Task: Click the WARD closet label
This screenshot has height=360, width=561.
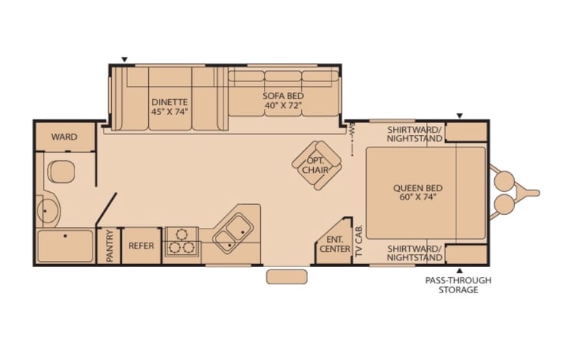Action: pos(64,137)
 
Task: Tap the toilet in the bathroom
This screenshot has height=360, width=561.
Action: pos(61,171)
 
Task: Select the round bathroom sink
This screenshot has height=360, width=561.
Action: pos(48,212)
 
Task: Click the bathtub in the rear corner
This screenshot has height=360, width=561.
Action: pos(65,246)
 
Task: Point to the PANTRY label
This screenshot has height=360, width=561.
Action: pos(110,246)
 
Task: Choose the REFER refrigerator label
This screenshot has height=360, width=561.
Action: pos(141,246)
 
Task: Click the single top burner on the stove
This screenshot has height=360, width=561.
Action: pos(182,234)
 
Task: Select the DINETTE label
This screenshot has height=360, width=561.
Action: pos(170,102)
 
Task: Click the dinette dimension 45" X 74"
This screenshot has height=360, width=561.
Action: pos(170,111)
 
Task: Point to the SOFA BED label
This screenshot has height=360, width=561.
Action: pos(283,96)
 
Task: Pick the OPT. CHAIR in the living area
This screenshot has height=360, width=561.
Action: pos(317,165)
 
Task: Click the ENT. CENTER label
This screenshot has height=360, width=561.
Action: pos(335,244)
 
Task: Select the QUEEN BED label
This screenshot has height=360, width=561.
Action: pos(418,188)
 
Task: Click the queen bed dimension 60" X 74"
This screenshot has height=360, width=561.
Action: pos(418,197)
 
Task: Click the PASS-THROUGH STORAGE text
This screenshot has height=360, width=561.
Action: pos(458,286)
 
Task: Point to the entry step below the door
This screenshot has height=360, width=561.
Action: pos(286,277)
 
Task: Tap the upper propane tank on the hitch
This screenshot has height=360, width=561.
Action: pos(504,180)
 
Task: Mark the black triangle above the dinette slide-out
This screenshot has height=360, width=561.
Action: pos(124,59)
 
